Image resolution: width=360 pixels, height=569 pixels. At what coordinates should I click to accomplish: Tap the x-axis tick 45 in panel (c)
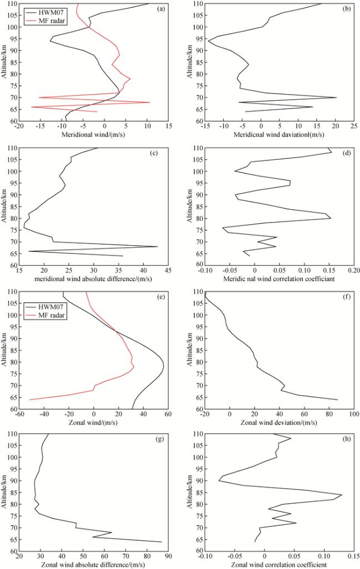[167, 271]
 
